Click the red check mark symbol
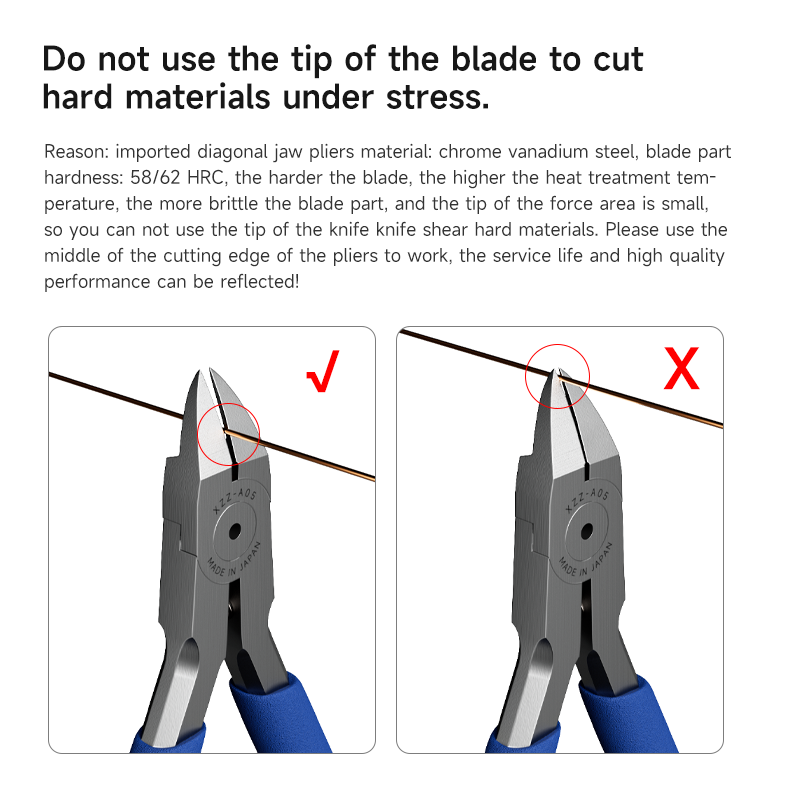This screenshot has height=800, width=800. coord(323,371)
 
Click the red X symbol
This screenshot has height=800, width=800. coord(682,368)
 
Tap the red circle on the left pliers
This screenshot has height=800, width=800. coord(198,434)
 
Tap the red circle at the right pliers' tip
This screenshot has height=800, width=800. coord(526,377)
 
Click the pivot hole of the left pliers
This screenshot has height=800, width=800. coord(234,532)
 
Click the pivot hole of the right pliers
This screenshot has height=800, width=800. coord(587,532)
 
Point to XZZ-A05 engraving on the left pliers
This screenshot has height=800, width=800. coord(235,501)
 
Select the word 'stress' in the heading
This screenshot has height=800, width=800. coord(437,97)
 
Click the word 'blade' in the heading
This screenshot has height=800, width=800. coord(494,59)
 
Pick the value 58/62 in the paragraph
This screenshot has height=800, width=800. coord(155,178)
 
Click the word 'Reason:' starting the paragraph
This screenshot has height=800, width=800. coord(77,152)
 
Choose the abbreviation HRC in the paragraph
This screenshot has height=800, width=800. coord(206,178)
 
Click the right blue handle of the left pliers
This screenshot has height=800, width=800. coord(278,713)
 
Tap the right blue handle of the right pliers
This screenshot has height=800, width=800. coord(629,714)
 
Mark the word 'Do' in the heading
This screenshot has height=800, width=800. coord(64,59)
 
